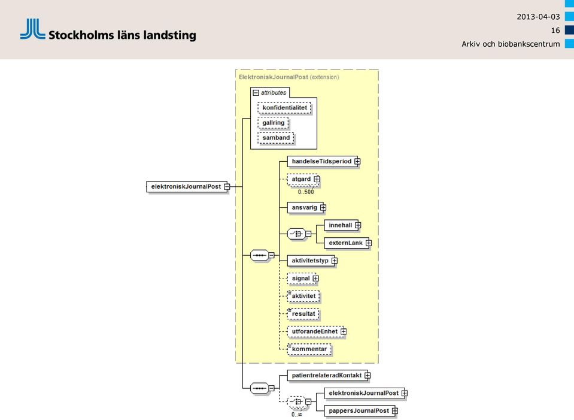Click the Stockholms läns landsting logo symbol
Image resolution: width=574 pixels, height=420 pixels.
pos(32,29)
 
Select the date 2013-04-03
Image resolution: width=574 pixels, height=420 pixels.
pos(538,17)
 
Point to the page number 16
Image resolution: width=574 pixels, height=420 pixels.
pos(555,31)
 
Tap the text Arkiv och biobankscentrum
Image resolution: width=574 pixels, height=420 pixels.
pos(511,44)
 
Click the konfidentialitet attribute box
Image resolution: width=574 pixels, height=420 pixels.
pos(284,108)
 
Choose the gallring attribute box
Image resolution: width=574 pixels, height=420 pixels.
pos(273,123)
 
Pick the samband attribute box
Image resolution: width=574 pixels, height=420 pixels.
pos(276,138)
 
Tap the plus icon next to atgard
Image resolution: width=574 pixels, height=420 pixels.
pos(317,179)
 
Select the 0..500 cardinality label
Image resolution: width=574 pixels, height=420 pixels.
pos(306,192)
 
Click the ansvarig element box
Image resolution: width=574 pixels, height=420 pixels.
pos(306,208)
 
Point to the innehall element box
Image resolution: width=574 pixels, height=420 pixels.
pos(342,225)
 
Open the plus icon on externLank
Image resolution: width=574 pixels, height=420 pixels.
pos(369,243)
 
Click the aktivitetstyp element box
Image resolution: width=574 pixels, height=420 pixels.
pos(312,261)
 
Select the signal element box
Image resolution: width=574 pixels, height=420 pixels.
pos(303,279)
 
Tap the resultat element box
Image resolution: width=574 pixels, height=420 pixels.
pos(303,314)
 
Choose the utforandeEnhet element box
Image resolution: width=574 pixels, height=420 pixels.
pos(317,332)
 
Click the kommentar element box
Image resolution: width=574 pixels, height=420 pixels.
pos(309,349)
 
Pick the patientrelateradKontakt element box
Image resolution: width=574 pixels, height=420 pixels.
pos(329,376)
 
